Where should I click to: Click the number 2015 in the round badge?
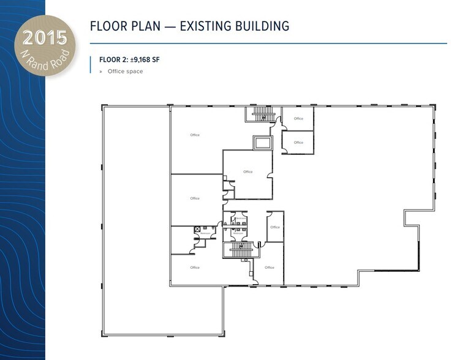coord(44,37)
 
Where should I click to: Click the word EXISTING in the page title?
coord(206,26)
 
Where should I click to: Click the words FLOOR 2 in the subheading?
coord(113,60)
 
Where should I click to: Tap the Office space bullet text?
coord(125,72)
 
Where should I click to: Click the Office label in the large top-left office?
coord(195,135)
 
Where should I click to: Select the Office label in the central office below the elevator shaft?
coord(247,172)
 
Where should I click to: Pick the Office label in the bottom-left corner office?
coord(195,268)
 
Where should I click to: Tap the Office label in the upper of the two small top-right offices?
coord(298,119)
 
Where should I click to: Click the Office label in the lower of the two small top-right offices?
coord(298,143)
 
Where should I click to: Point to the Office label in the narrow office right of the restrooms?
coord(275,227)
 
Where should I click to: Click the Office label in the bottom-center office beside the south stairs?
coord(270,268)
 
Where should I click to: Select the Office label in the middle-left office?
coord(195,198)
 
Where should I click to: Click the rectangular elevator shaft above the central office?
coord(262,143)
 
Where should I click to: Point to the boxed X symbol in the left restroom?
coord(197,228)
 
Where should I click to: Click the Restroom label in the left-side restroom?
coord(205,234)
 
